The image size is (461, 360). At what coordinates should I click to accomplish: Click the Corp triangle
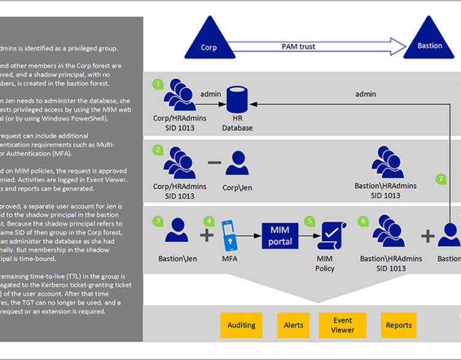(x=209, y=41)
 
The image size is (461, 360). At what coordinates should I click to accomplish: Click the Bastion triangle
(x=429, y=40)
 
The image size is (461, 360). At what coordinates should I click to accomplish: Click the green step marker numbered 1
(x=158, y=84)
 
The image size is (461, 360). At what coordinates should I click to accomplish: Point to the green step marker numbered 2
(x=158, y=149)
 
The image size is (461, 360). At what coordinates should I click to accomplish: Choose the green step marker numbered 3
(x=158, y=221)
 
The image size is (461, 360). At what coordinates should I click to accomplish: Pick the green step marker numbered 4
(x=209, y=221)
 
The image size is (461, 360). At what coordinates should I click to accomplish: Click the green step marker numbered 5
(x=310, y=221)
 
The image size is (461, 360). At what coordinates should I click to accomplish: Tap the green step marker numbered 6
(x=363, y=221)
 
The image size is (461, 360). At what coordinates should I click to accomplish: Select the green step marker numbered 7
(x=441, y=178)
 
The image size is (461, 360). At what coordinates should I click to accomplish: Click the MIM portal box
(x=280, y=235)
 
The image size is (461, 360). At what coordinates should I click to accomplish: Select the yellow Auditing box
(x=241, y=325)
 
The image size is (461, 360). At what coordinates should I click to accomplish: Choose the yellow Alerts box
(x=294, y=325)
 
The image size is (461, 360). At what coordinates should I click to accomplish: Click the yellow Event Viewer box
(x=343, y=325)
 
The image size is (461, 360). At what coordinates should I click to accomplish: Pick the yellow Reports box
(x=399, y=325)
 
